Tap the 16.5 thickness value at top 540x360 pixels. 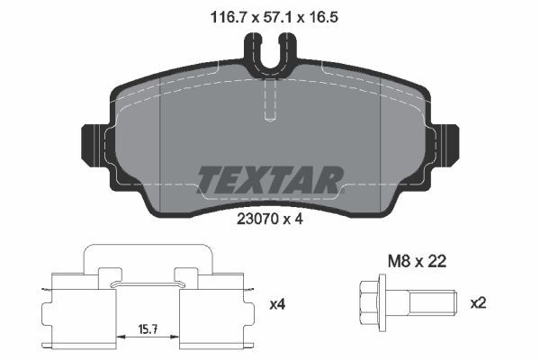click(x=323, y=17)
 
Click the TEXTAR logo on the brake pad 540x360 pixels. click(x=270, y=180)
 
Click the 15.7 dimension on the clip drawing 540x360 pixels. click(x=148, y=329)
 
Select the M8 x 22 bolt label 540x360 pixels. click(x=417, y=262)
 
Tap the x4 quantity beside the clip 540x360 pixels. click(x=277, y=304)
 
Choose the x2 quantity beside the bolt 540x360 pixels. click(x=478, y=303)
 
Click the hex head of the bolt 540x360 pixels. click(x=368, y=302)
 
